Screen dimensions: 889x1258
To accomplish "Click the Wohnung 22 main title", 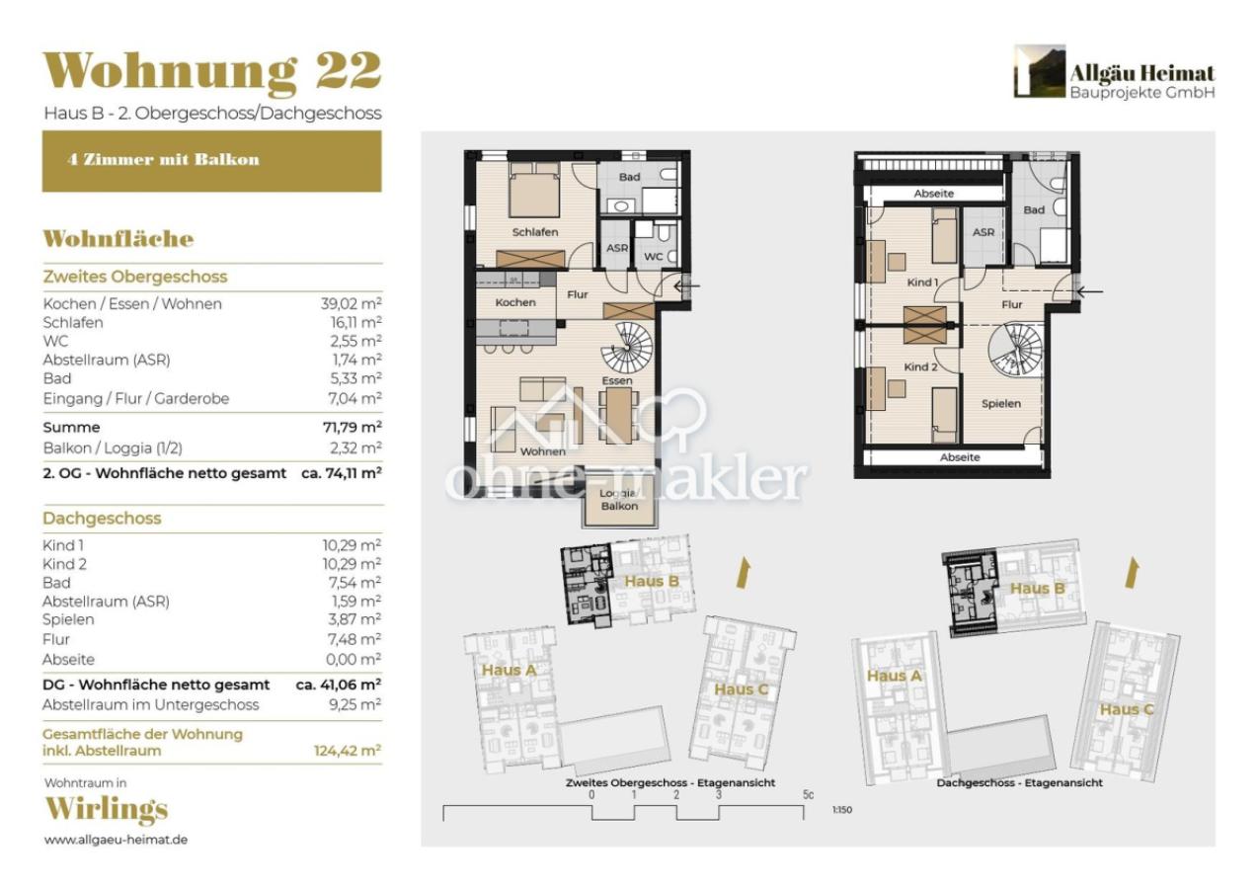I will (x=211, y=71).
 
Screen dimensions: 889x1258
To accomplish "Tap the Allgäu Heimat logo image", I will (x=1039, y=71).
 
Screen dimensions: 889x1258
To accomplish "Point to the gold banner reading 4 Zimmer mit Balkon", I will (x=211, y=160).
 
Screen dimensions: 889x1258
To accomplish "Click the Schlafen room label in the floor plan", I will (x=535, y=232).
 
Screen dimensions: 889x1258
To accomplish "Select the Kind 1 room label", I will (x=921, y=283).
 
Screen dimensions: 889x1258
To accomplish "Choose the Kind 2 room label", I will (x=920, y=366).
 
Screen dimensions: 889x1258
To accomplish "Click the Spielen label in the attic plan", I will (x=1000, y=403).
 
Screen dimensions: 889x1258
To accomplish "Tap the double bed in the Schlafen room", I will (x=535, y=192).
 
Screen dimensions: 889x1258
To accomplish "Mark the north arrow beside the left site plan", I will (x=745, y=573).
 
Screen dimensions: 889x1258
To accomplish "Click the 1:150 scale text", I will (x=841, y=811).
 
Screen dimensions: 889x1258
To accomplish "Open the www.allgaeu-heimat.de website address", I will (x=116, y=840).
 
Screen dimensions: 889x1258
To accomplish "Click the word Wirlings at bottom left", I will (x=106, y=809).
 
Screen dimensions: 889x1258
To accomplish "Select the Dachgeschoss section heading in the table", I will (x=102, y=519).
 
